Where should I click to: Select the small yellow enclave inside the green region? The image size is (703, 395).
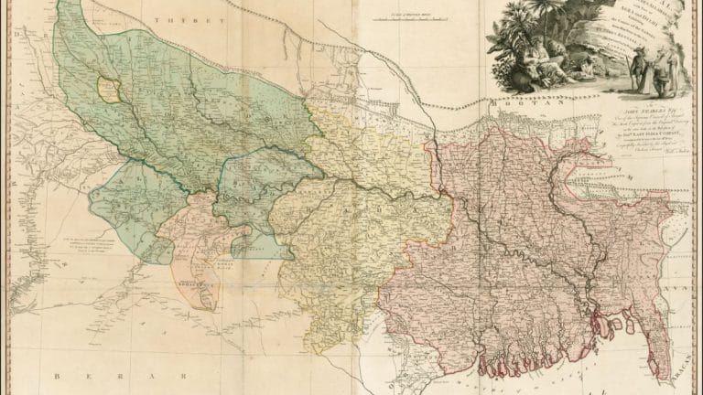tap(109, 90)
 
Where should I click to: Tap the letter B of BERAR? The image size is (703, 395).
tap(56, 376)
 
